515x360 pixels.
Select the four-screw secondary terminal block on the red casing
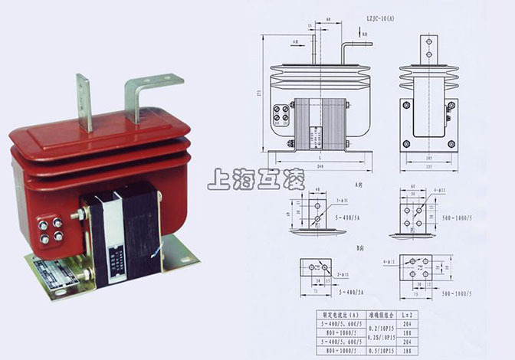[51, 231]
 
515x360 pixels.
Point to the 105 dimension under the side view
[428, 156]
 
